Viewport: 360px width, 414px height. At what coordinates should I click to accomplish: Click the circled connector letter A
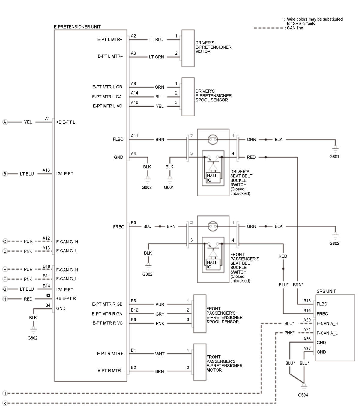pyautogui.click(x=5, y=122)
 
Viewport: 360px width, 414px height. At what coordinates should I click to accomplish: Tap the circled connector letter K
pyautogui.click(x=5, y=403)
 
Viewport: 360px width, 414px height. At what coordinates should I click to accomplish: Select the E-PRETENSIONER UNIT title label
pyautogui.click(x=77, y=27)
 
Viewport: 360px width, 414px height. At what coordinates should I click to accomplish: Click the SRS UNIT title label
pyautogui.click(x=326, y=291)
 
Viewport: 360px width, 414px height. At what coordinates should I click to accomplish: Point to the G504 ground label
pyautogui.click(x=303, y=395)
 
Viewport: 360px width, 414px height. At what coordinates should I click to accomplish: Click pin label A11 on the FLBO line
pyautogui.click(x=134, y=136)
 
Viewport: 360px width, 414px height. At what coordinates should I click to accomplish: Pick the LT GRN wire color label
pyautogui.click(x=156, y=57)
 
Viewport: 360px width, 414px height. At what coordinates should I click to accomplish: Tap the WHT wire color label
pyautogui.click(x=160, y=354)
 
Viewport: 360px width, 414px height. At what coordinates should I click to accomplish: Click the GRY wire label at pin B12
pyautogui.click(x=160, y=314)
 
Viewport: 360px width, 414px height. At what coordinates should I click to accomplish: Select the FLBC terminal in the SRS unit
pyautogui.click(x=322, y=304)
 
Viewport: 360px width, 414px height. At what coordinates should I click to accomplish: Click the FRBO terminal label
pyautogui.click(x=118, y=227)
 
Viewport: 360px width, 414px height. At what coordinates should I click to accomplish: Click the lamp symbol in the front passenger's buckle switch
pyautogui.click(x=213, y=226)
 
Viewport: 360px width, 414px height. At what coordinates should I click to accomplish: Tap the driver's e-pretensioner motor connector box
pyautogui.click(x=188, y=48)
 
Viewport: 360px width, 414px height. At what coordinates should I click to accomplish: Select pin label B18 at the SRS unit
pyautogui.click(x=307, y=301)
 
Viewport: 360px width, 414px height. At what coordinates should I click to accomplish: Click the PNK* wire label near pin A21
pyautogui.click(x=289, y=333)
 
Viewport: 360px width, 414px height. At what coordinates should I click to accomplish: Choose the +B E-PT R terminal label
pyautogui.click(x=66, y=298)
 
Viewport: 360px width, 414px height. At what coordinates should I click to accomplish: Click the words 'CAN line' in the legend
pyautogui.click(x=295, y=28)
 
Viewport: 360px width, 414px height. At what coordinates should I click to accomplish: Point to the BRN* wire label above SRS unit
pyautogui.click(x=298, y=285)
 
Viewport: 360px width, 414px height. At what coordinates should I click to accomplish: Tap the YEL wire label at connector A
pyautogui.click(x=28, y=122)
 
